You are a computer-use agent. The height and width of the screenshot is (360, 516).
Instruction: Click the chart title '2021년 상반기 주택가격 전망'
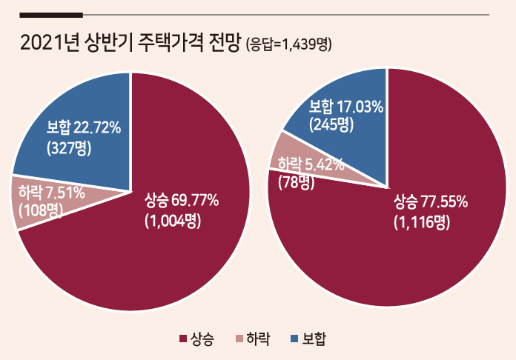pyautogui.click(x=129, y=44)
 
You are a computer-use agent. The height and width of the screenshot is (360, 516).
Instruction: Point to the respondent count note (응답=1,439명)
pyautogui.click(x=289, y=44)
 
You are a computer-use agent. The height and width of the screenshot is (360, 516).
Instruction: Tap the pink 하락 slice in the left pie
pyautogui.click(x=46, y=201)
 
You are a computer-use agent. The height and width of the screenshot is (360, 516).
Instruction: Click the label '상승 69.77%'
pyautogui.click(x=182, y=201)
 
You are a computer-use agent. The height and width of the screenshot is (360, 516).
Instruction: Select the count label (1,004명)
pyautogui.click(x=173, y=221)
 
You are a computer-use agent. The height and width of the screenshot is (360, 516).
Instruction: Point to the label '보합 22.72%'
pyautogui.click(x=84, y=127)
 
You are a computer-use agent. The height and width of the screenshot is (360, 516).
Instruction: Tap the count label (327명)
pyautogui.click(x=69, y=148)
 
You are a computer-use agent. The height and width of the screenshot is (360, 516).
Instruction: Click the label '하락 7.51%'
pyautogui.click(x=52, y=193)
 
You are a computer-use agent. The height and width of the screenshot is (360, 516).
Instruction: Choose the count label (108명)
pyautogui.click(x=41, y=210)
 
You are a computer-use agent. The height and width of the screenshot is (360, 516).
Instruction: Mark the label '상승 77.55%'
pyautogui.click(x=431, y=201)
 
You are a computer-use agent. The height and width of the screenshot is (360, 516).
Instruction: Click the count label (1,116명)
pyautogui.click(x=422, y=222)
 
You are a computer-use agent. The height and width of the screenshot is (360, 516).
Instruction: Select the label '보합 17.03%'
pyautogui.click(x=346, y=107)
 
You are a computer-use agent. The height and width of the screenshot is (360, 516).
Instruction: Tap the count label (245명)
pyautogui.click(x=331, y=124)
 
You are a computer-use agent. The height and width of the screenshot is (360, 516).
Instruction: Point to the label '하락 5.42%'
pyautogui.click(x=311, y=164)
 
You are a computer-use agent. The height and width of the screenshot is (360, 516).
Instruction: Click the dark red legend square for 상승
pyautogui.click(x=183, y=339)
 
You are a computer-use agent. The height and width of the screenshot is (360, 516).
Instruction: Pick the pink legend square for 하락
pyautogui.click(x=240, y=339)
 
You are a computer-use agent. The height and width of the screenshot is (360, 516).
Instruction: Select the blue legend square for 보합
pyautogui.click(x=295, y=339)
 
